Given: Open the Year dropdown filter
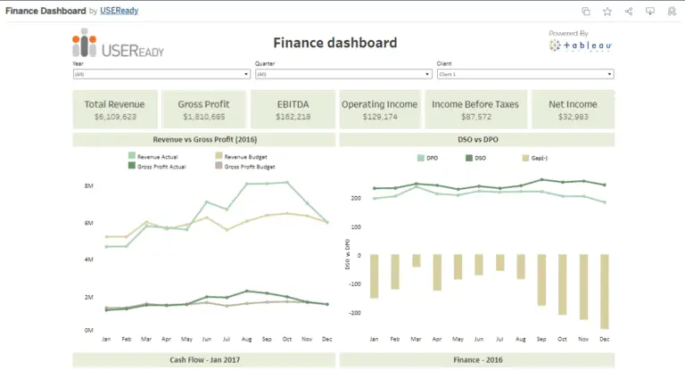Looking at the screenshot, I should pyautogui.click(x=160, y=75).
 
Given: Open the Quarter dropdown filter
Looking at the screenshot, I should pyautogui.click(x=342, y=75).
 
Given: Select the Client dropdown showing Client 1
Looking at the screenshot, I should pyautogui.click(x=524, y=75).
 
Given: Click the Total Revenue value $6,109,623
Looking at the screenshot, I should pyautogui.click(x=115, y=117).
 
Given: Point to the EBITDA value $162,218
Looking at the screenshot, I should pyautogui.click(x=293, y=117).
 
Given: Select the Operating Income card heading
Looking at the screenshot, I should pyautogui.click(x=379, y=104).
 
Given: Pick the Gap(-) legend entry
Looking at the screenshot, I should pyautogui.click(x=538, y=158).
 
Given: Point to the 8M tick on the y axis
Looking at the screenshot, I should pyautogui.click(x=89, y=185).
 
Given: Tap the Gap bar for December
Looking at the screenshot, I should pyautogui.click(x=604, y=292).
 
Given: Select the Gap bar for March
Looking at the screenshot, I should pyautogui.click(x=417, y=260).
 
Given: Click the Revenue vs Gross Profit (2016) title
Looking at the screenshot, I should pyautogui.click(x=204, y=140).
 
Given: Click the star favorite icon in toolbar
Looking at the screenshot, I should pyautogui.click(x=607, y=12).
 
